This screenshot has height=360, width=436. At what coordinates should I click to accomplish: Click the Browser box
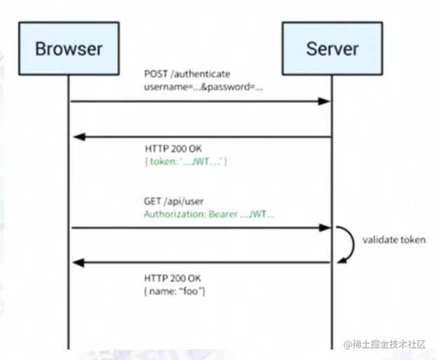click(x=69, y=48)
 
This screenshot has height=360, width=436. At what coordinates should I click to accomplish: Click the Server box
click(x=332, y=48)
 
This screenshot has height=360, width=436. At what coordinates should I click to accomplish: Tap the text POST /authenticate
click(x=188, y=74)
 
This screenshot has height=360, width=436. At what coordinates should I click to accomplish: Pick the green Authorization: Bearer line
click(x=209, y=214)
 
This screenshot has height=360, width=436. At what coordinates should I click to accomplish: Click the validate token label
click(x=393, y=240)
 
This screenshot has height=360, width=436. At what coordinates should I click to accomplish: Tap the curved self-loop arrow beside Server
click(x=344, y=244)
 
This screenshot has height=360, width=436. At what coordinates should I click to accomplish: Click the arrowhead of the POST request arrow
click(x=324, y=102)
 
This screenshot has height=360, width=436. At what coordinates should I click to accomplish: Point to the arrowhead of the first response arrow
click(x=77, y=137)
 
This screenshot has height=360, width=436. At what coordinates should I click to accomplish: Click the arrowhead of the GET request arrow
click(x=324, y=228)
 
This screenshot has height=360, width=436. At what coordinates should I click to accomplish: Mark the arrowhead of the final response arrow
click(x=77, y=263)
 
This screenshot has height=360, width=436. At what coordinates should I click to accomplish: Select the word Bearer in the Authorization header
click(x=223, y=214)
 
